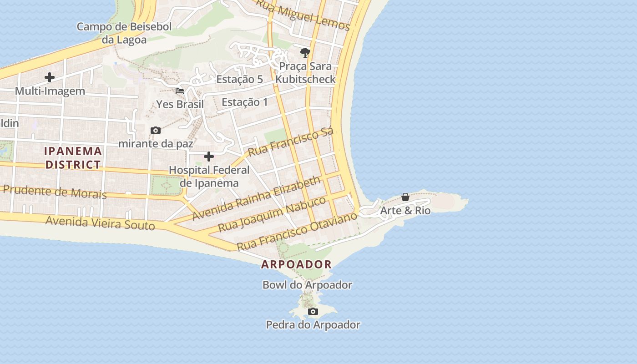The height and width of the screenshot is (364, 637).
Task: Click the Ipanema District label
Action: pyautogui.click(x=73, y=157)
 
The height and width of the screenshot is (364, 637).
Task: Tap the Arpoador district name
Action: pyautogui.click(x=296, y=264)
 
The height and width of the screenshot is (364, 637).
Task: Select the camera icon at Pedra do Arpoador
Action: pyautogui.click(x=313, y=312)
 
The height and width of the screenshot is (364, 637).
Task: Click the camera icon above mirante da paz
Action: pyautogui.click(x=156, y=131)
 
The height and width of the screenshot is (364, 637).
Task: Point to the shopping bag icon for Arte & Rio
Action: pyautogui.click(x=405, y=197)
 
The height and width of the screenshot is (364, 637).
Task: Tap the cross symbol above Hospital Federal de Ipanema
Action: pyautogui.click(x=209, y=157)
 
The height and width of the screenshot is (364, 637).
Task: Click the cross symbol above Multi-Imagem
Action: pyautogui.click(x=50, y=78)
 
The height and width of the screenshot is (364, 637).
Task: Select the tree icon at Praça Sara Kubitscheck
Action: pyautogui.click(x=305, y=53)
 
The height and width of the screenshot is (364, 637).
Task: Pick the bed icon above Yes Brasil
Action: pyautogui.click(x=180, y=91)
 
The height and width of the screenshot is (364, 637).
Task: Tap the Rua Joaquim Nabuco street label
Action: pyautogui.click(x=272, y=214)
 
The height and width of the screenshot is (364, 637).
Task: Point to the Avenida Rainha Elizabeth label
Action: pyautogui.click(x=257, y=198)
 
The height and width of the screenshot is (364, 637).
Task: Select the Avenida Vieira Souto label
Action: pyautogui.click(x=100, y=223)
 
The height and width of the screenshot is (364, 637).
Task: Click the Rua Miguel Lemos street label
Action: pyautogui.click(x=303, y=15)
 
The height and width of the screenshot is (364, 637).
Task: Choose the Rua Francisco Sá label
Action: pyautogui.click(x=291, y=142)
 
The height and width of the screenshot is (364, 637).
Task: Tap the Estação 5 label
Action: pyautogui.click(x=239, y=79)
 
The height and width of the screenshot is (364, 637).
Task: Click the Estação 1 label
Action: pyautogui.click(x=245, y=102)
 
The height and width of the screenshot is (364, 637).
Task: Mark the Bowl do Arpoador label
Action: pyautogui.click(x=307, y=285)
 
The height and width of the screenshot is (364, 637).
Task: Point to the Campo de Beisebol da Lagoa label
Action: pyautogui.click(x=124, y=33)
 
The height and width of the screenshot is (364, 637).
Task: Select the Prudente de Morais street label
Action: pyautogui.click(x=55, y=192)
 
